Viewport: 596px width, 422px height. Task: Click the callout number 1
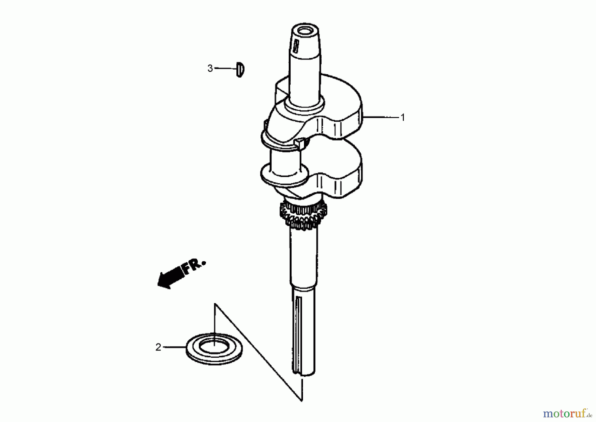click(403, 118)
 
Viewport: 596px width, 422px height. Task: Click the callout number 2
click(158, 347)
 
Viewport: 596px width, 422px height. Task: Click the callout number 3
click(210, 69)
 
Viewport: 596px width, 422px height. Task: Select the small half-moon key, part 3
click(240, 70)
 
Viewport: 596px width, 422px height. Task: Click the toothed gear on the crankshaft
click(303, 216)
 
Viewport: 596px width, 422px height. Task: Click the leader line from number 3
click(225, 68)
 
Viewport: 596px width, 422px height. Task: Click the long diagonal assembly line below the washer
click(258, 353)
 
